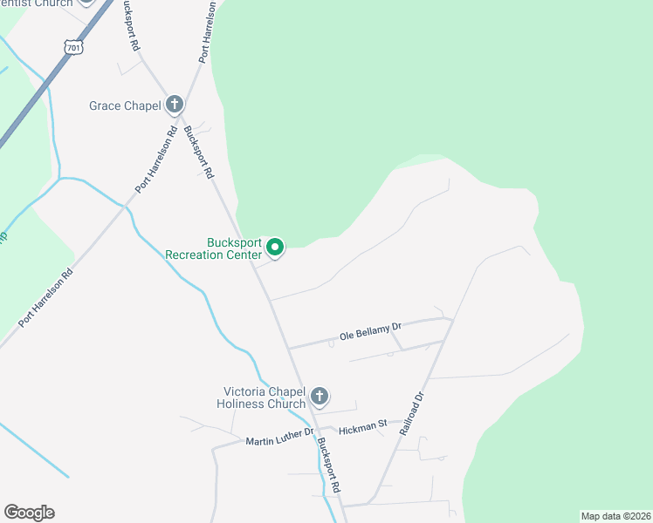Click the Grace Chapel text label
pos(125,105)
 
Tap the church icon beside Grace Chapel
pos(175,105)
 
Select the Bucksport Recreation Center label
pos(222,248)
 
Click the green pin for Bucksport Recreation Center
pos(275,248)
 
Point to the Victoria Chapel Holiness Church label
pos(263,397)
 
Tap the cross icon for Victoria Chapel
pos(320,397)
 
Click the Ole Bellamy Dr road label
pos(370,332)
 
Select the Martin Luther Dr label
pos(278,438)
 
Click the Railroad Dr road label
pos(412,413)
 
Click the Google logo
pos(29,513)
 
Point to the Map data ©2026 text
pos(615,515)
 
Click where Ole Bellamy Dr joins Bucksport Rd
pos(288,349)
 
